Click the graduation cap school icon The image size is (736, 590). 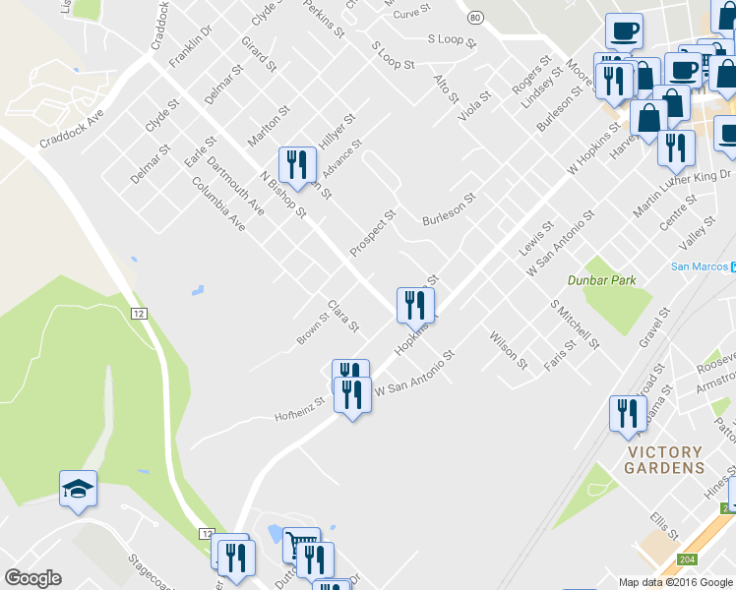point(78,489)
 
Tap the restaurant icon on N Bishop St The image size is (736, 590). point(296,165)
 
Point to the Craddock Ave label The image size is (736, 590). point(72,128)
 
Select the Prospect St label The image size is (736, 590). point(373,232)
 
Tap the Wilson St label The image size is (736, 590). point(508,350)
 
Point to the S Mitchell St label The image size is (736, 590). point(576,324)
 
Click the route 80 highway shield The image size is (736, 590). point(475,18)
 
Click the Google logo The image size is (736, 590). point(32,578)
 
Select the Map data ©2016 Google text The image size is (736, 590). point(675,582)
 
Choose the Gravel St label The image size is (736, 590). point(653,327)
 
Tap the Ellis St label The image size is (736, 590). point(664,525)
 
